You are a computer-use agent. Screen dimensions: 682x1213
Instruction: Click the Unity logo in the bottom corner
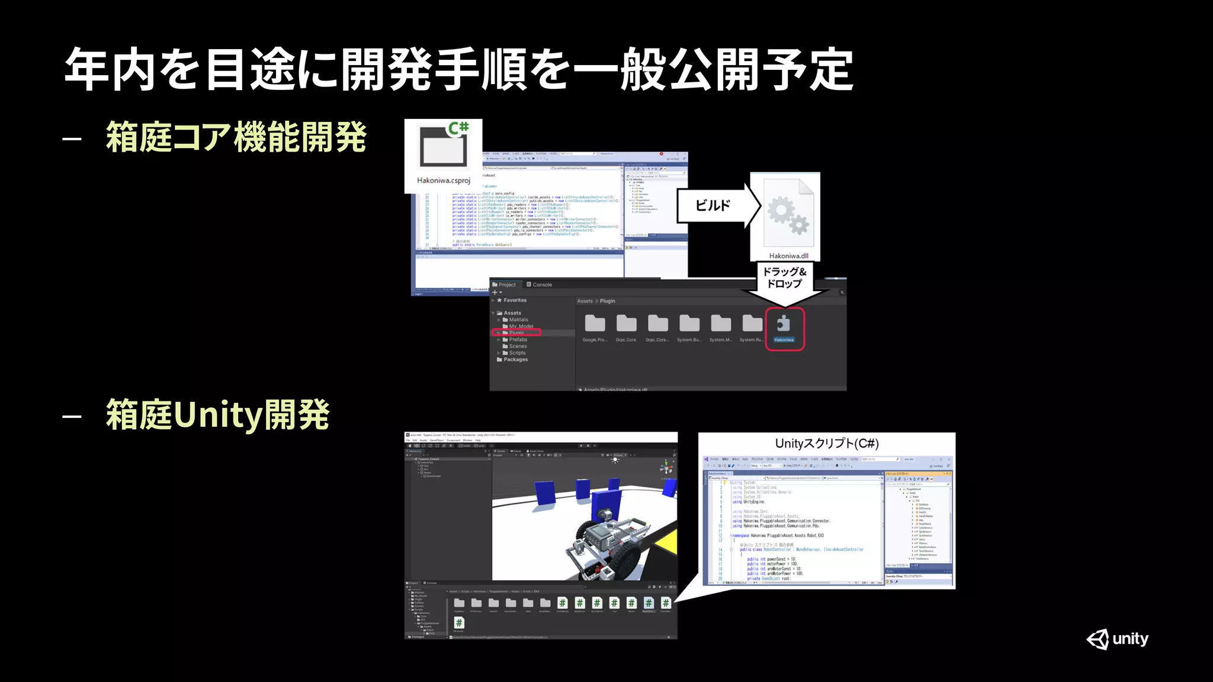1117,639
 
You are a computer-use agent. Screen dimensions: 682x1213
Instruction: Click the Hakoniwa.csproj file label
443,181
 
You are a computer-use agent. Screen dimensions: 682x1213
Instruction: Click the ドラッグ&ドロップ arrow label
784,277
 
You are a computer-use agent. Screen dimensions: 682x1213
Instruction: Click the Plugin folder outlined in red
516,333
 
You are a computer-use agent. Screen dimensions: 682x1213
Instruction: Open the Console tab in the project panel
540,285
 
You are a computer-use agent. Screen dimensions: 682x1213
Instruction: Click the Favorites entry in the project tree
514,300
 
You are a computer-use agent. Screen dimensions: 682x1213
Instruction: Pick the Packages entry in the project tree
515,359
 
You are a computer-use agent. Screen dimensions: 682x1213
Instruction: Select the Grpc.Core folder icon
626,324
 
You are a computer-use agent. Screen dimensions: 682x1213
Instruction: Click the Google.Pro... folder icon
595,324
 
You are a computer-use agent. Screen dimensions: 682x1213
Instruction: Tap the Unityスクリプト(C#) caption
827,443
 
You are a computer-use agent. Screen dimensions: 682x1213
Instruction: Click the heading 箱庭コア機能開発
236,137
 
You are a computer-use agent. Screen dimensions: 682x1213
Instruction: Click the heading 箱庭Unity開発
217,414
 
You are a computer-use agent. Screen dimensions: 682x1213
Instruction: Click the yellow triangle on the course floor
668,542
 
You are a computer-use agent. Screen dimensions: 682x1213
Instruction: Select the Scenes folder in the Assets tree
517,346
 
